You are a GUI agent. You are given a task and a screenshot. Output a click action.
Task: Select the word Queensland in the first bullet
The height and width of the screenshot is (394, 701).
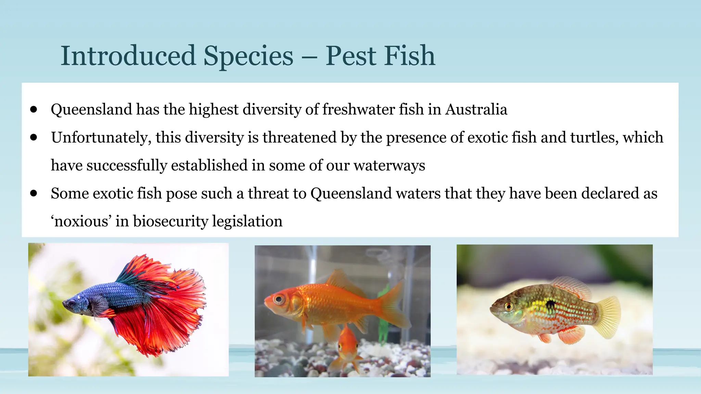click(x=91, y=110)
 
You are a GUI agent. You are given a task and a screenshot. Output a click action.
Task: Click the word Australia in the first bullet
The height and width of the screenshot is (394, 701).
click(x=476, y=110)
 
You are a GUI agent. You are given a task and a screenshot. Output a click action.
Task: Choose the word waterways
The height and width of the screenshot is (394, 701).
click(x=389, y=166)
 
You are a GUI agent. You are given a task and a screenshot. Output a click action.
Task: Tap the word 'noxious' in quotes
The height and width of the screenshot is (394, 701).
click(x=81, y=222)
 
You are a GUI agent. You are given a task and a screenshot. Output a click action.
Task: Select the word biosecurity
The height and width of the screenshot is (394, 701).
click(x=170, y=222)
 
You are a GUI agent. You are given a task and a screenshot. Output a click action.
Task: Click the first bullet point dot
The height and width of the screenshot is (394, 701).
click(x=34, y=109)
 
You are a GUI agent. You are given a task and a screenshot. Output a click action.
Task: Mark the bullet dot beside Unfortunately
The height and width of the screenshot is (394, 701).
click(x=34, y=137)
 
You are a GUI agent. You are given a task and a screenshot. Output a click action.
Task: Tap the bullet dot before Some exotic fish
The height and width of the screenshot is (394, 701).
click(x=34, y=193)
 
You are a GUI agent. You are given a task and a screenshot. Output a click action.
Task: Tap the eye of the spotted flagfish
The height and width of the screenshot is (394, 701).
click(x=509, y=305)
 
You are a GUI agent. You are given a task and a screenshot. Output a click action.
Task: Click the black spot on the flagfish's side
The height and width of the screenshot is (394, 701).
click(x=551, y=304)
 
